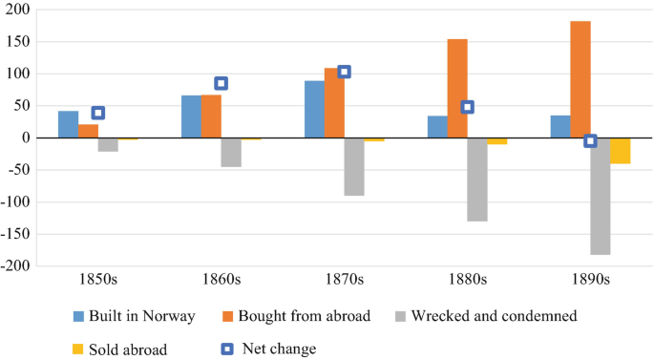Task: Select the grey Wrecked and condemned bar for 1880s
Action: pos(477,180)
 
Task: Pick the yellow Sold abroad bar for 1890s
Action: pos(621,151)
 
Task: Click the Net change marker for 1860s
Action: pos(221,83)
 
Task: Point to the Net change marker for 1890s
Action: pos(590,140)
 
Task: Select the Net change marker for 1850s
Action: pos(97,113)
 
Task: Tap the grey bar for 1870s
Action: pos(354,167)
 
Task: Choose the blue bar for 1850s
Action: pos(68,124)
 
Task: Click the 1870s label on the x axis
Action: pos(344,280)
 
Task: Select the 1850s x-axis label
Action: pos(97,280)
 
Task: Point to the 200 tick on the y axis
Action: pos(18,11)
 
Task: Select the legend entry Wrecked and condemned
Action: pos(488,316)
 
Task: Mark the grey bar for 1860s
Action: pos(231,153)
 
